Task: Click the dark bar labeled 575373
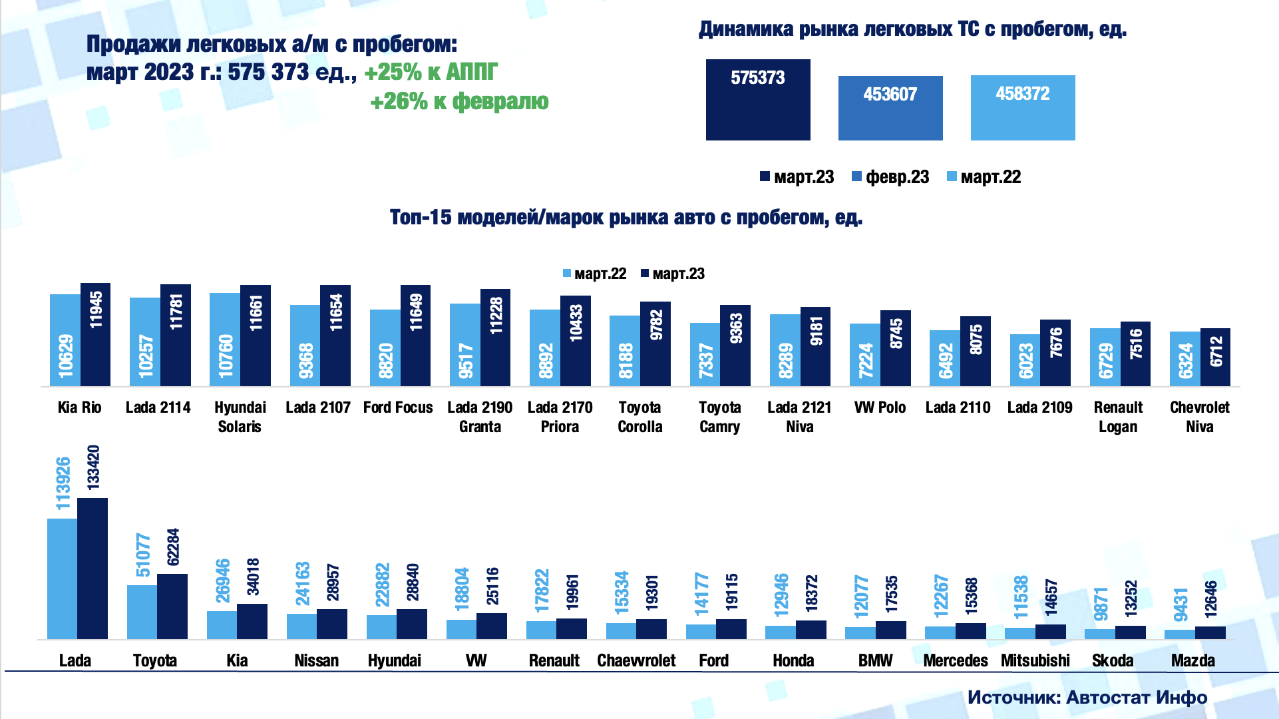pyautogui.click(x=758, y=100)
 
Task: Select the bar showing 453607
pyautogui.click(x=890, y=108)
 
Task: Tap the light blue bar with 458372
pyautogui.click(x=1022, y=108)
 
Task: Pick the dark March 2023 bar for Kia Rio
pyautogui.click(x=96, y=334)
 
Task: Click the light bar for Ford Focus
pyautogui.click(x=385, y=348)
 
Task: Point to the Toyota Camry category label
pyautogui.click(x=719, y=417)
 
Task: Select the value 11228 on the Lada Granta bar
pyautogui.click(x=496, y=316)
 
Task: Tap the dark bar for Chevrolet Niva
pyautogui.click(x=1216, y=357)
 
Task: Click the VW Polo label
pyautogui.click(x=880, y=407)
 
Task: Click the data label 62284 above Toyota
pyautogui.click(x=173, y=547)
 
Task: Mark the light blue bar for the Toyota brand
pyautogui.click(x=142, y=612)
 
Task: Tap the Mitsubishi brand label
pyautogui.click(x=1035, y=660)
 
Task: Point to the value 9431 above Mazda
pyautogui.click(x=1181, y=604)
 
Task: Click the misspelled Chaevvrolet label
pyautogui.click(x=636, y=660)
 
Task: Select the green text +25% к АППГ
pyautogui.click(x=431, y=72)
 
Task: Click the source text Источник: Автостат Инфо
pyautogui.click(x=1087, y=697)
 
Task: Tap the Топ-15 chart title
pyautogui.click(x=626, y=218)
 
